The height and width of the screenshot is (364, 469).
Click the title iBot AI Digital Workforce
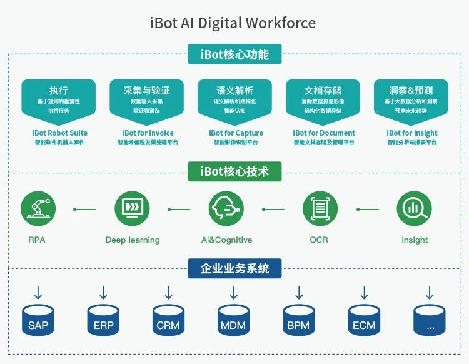(233, 23)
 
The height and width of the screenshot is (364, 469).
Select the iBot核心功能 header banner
(234, 54)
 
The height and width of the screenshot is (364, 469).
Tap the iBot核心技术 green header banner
(234, 171)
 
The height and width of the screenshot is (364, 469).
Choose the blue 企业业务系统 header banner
(234, 268)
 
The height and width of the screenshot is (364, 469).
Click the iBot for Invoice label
(148, 133)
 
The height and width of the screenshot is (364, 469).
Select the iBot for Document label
(323, 133)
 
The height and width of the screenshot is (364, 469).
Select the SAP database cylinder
(38, 320)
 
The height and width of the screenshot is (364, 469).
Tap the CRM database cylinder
(168, 320)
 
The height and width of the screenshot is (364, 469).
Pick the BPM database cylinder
(299, 320)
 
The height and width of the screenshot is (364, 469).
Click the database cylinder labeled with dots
(430, 320)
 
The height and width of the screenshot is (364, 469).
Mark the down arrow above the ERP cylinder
(103, 292)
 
